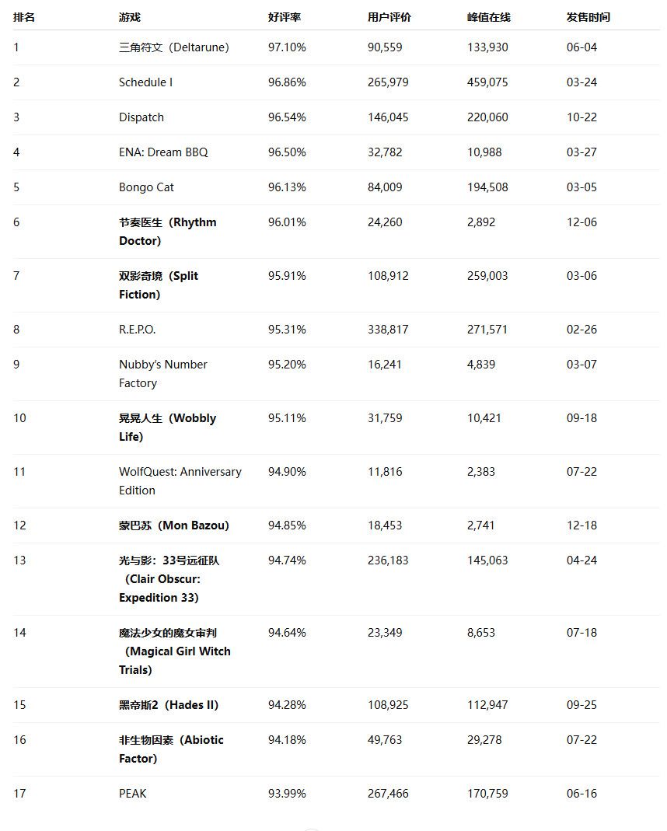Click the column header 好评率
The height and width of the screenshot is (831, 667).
click(x=284, y=17)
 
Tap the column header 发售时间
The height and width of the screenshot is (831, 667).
click(x=588, y=17)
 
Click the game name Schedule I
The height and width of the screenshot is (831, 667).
click(x=145, y=82)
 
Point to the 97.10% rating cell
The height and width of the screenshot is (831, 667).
click(x=287, y=47)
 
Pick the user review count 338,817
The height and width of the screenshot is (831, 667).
click(x=388, y=330)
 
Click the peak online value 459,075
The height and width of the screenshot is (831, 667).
click(x=487, y=82)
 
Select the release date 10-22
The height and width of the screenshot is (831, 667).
click(x=581, y=117)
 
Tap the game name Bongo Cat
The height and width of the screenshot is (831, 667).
click(x=147, y=187)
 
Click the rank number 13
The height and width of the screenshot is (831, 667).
click(x=19, y=560)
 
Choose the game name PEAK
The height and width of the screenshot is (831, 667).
click(x=132, y=794)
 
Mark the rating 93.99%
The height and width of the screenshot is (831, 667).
click(x=287, y=794)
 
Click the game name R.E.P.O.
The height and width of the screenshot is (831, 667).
click(x=137, y=330)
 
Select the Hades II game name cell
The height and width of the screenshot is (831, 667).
click(x=169, y=705)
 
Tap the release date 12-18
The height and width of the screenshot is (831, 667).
click(x=581, y=525)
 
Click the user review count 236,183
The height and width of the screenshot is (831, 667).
click(x=388, y=560)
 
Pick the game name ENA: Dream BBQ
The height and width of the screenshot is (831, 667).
click(x=163, y=152)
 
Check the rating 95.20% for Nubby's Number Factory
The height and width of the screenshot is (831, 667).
click(x=287, y=365)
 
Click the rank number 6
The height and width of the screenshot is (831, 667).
click(x=16, y=222)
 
